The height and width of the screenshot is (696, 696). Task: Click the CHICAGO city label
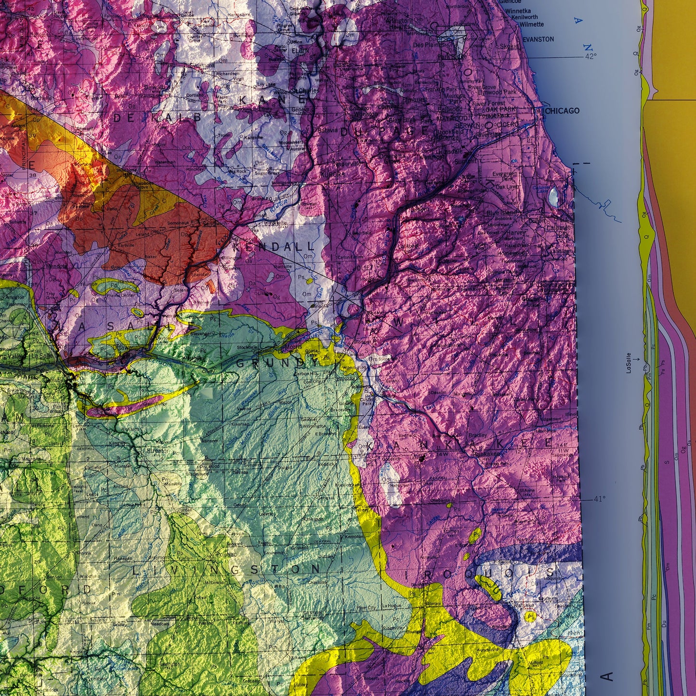563,111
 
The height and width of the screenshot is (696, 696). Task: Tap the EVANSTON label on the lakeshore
538,39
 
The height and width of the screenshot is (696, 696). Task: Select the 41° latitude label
599,499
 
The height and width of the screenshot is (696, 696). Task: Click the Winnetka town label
518,11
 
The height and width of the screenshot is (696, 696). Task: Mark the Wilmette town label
532,24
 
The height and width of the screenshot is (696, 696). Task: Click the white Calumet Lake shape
554,197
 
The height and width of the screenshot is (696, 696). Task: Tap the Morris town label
294,347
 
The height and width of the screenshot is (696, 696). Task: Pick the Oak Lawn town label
507,187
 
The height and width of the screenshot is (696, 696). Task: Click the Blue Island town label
502,212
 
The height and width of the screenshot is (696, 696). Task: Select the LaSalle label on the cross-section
629,363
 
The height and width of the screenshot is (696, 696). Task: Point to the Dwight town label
286,467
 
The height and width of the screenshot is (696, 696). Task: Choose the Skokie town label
509,46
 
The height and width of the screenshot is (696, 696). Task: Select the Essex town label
363,427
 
